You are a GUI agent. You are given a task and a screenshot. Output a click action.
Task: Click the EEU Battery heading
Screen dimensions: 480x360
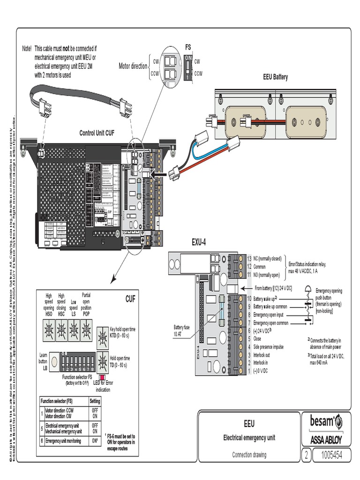point(275,77)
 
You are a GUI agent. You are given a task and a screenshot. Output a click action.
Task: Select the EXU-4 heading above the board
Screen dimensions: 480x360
point(199,242)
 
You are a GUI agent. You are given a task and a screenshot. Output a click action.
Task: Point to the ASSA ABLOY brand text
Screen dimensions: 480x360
point(326,440)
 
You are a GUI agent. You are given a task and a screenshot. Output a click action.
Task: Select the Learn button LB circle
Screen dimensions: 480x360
point(54,360)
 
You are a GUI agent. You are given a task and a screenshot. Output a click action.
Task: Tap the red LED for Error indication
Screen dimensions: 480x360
point(102,376)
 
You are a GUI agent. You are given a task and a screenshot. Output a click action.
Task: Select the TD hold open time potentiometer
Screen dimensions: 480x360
point(103,361)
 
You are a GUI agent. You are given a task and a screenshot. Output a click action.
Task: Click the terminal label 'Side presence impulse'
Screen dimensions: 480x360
point(268,347)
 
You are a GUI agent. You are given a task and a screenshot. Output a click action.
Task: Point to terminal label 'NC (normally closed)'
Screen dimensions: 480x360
point(267,259)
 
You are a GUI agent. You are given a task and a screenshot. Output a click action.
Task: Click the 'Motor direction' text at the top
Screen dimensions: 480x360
point(133,66)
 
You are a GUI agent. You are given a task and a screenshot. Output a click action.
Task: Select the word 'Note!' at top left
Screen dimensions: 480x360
point(27,49)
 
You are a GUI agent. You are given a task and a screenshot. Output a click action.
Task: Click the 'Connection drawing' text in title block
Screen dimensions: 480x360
point(249,454)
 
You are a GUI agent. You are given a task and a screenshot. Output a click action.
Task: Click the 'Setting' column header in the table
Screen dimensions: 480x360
point(95,401)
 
